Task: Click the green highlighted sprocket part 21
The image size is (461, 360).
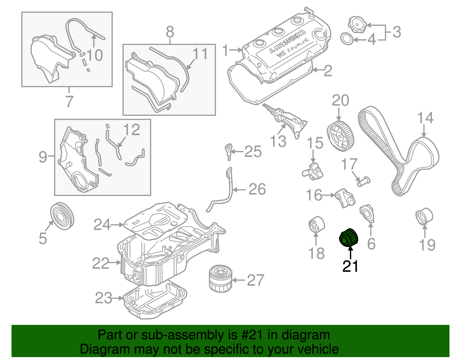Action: click(349, 238)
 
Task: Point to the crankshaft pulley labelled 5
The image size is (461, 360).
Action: click(62, 216)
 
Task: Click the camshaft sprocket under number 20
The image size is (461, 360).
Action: click(340, 135)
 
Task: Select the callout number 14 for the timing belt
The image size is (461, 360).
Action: click(425, 118)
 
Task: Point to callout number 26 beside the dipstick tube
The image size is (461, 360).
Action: click(257, 189)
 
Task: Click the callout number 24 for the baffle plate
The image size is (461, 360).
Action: click(102, 225)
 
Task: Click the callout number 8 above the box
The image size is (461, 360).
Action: click(170, 32)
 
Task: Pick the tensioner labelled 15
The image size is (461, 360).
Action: click(313, 171)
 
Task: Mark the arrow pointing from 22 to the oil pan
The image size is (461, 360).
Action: click(115, 262)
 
